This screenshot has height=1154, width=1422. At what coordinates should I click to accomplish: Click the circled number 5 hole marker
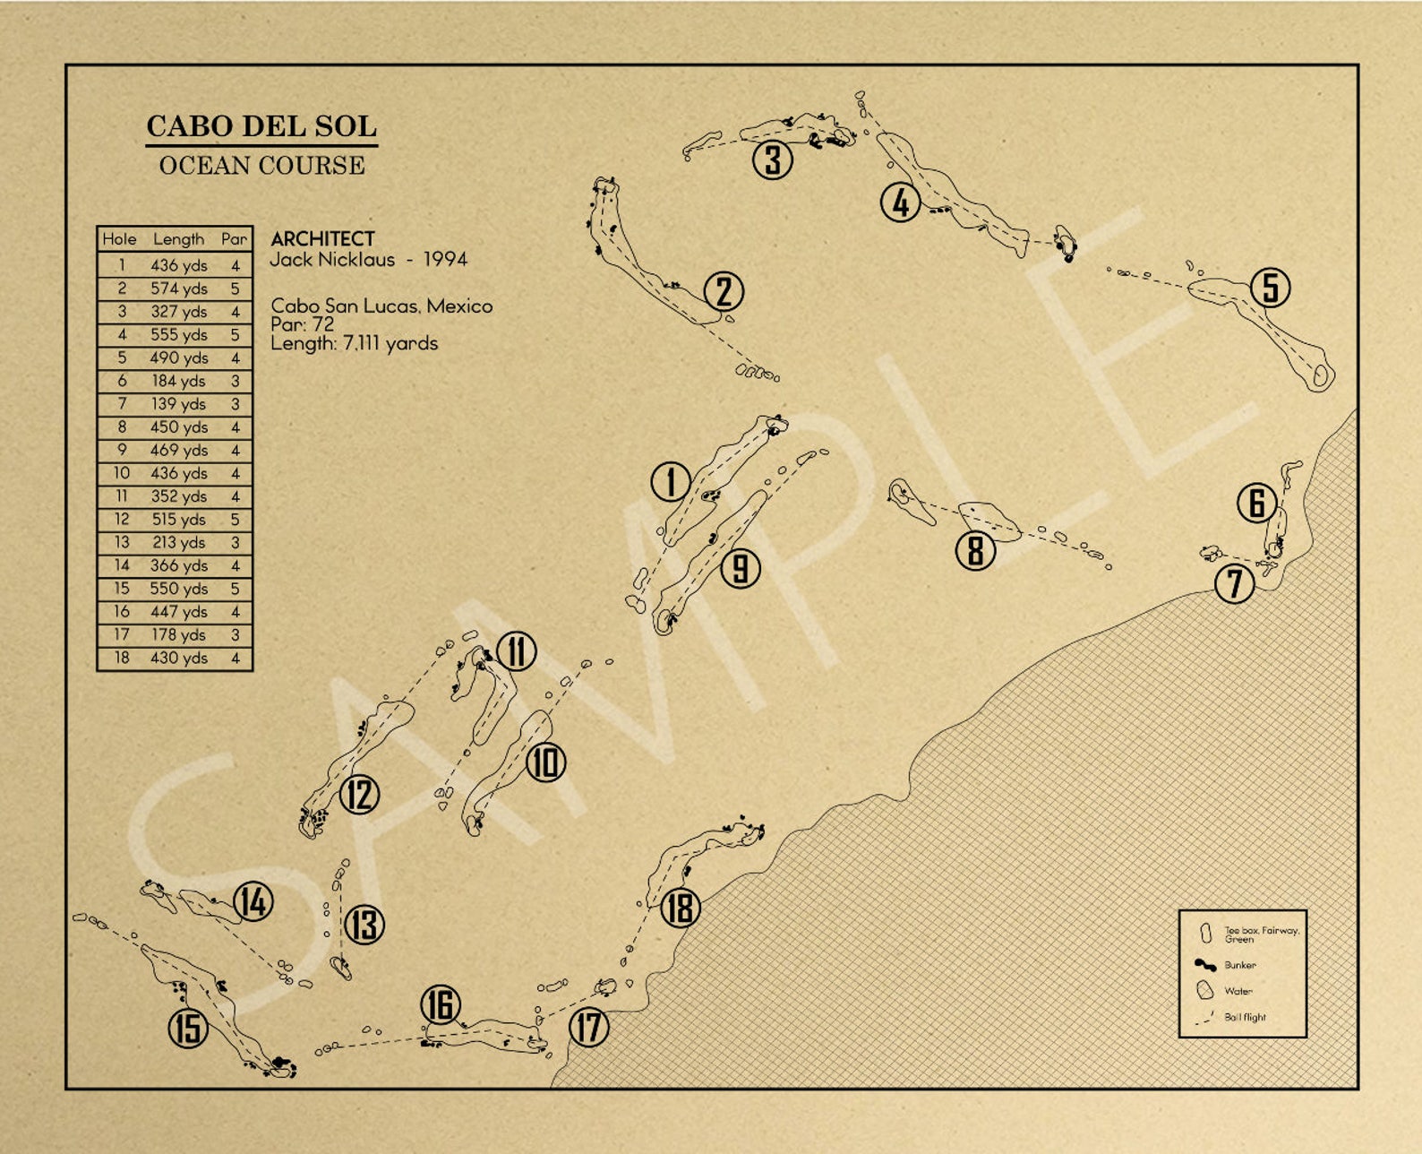[1270, 288]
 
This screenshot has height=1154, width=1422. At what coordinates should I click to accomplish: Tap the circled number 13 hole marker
[364, 925]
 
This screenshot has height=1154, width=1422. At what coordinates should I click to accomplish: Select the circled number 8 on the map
[975, 550]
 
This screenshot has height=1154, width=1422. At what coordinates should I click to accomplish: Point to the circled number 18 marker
[680, 908]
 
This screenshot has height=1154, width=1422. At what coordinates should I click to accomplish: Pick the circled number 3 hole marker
[772, 160]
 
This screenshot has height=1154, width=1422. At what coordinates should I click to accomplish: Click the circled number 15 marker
[188, 1028]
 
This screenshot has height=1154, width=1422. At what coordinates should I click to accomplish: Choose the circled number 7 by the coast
[1234, 584]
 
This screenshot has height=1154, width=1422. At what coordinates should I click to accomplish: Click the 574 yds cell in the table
[178, 288]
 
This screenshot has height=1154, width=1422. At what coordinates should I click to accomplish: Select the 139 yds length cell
[178, 404]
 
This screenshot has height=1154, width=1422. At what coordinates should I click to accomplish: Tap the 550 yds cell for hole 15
[178, 589]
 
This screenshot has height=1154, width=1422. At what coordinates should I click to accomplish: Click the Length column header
[178, 239]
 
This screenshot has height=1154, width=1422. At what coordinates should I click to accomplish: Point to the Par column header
[234, 239]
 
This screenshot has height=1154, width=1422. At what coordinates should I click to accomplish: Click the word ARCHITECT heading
[322, 239]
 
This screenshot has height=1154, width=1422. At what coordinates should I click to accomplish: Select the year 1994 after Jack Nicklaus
[445, 260]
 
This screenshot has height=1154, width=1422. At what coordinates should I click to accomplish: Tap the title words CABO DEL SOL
[261, 126]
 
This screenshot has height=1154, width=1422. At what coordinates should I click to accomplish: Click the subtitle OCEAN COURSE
[261, 166]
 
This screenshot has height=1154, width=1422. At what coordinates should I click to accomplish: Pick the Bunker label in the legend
[1239, 965]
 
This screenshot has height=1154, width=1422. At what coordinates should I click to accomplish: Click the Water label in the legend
[1238, 991]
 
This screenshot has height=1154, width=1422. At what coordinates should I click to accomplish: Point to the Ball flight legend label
[1245, 1017]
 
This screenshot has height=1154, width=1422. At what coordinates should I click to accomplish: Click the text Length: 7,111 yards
[354, 343]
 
